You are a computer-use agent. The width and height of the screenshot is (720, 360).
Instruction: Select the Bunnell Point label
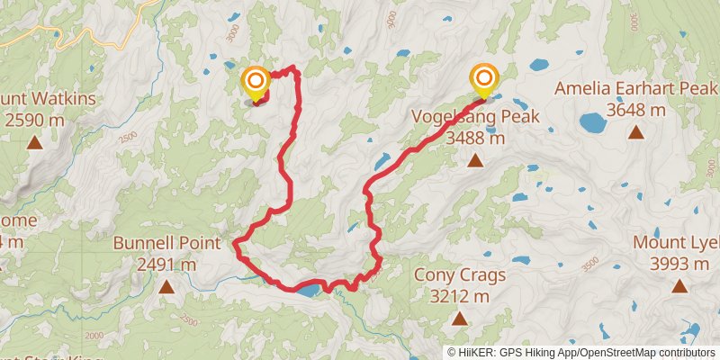(166, 243)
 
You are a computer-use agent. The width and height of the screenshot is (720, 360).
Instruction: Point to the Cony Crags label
(459, 275)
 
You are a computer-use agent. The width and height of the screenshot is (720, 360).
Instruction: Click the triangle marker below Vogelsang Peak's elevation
(474, 161)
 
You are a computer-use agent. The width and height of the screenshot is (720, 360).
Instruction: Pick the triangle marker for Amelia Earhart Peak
(635, 132)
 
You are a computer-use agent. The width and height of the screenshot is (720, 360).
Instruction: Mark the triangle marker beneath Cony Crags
(459, 319)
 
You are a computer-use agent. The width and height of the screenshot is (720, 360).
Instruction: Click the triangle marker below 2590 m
(34, 141)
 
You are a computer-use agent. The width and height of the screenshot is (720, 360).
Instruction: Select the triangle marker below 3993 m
(679, 286)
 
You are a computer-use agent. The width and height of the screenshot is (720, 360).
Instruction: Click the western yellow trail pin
(255, 84)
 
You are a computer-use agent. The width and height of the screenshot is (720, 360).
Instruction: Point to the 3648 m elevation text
(635, 110)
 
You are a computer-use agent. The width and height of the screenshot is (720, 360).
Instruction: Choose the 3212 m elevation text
(459, 297)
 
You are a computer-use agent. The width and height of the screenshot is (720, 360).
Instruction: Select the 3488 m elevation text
(474, 139)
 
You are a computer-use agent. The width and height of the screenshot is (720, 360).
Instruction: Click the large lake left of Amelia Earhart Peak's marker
(593, 121)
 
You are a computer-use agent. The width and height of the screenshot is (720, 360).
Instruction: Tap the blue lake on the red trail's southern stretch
(307, 290)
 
